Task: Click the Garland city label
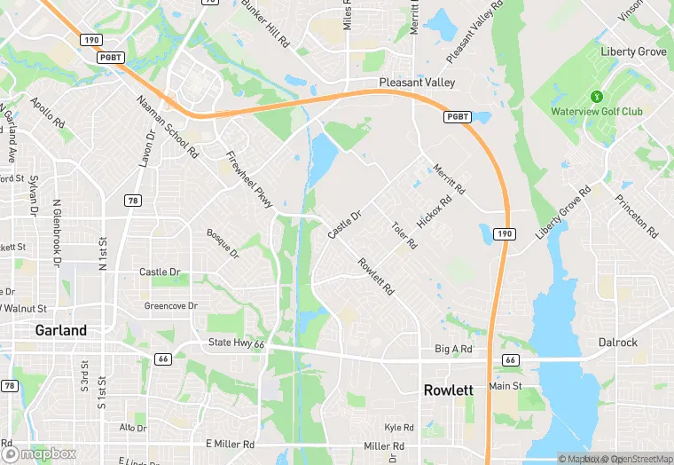point(61,330)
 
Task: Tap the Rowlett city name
point(448,390)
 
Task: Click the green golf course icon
point(597,97)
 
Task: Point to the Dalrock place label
point(617,343)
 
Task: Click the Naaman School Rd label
point(168,127)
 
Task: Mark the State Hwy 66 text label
point(236,343)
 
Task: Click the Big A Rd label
point(453,350)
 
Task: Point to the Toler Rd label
point(404,235)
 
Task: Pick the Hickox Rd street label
point(435,211)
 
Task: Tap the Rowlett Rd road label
point(375,276)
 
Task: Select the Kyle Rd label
point(399,427)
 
